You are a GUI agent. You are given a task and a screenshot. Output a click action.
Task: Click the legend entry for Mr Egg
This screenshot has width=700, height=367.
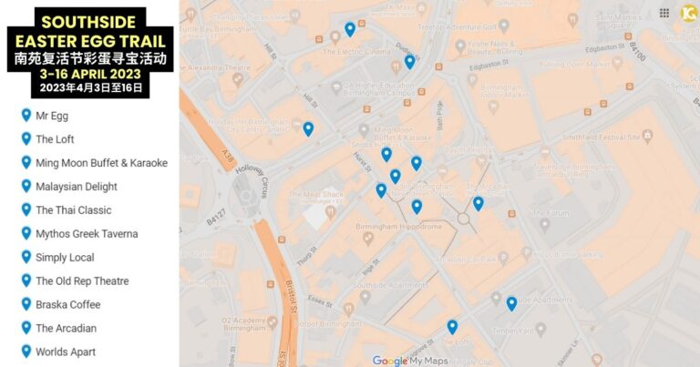tap(51, 116)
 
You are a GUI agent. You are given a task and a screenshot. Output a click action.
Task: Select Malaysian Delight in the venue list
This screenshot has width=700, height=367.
tap(76, 187)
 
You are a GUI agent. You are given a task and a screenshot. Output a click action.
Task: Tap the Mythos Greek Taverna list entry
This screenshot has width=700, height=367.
tap(87, 234)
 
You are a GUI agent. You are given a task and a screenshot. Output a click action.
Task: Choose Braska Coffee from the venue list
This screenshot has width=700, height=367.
tap(67, 304)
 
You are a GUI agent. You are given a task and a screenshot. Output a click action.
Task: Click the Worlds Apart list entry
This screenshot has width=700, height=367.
tap(65, 352)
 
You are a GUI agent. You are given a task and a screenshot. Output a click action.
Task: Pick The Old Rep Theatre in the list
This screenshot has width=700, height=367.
tap(82, 281)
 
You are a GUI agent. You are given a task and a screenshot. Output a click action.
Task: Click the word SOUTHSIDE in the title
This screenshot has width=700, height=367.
tap(89, 21)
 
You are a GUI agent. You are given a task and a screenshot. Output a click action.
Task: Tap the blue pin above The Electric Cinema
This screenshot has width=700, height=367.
tap(350, 29)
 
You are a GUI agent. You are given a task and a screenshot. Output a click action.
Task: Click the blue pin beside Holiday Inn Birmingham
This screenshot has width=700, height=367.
tap(308, 128)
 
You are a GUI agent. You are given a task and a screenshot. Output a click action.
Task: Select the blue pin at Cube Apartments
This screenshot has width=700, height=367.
tap(511, 303)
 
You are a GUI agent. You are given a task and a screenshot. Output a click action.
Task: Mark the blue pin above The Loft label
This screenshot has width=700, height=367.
tap(452, 326)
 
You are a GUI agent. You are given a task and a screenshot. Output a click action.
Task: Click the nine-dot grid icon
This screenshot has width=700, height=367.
tap(664, 13)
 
